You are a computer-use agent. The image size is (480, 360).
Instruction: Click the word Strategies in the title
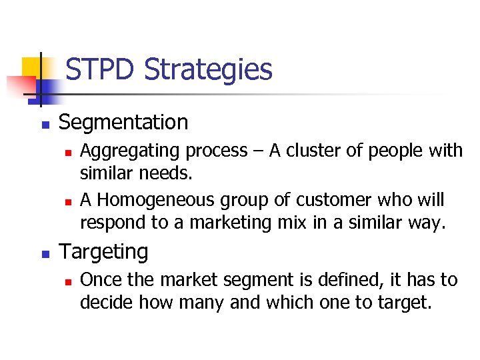(208, 70)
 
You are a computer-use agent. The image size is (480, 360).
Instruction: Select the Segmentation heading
(123, 123)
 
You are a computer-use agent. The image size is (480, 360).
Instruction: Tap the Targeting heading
(104, 252)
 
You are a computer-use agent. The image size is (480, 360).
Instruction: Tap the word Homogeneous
(159, 200)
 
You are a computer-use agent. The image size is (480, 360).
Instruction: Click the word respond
(109, 223)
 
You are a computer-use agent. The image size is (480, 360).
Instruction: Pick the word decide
(102, 303)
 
